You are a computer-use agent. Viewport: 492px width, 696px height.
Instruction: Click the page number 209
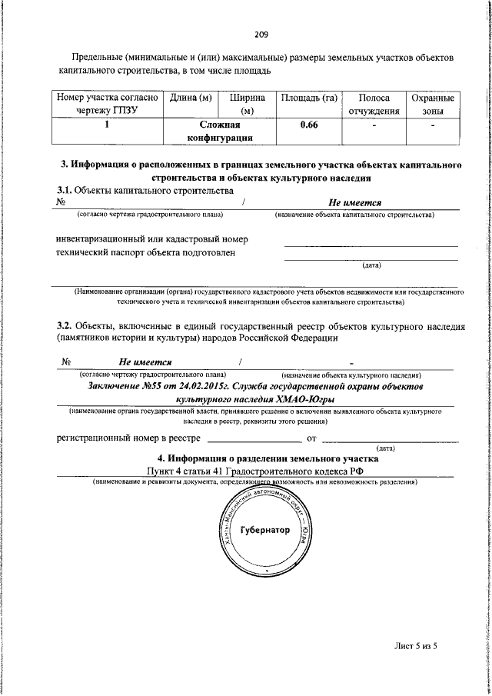261,35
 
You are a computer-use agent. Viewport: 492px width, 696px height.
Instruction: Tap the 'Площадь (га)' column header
309,98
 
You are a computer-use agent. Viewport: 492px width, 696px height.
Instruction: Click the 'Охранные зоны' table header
432,105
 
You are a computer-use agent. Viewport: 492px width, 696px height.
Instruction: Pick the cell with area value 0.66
309,125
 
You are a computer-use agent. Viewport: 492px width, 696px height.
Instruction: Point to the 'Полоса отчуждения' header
374,105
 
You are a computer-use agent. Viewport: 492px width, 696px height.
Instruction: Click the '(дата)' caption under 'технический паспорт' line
371,266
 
